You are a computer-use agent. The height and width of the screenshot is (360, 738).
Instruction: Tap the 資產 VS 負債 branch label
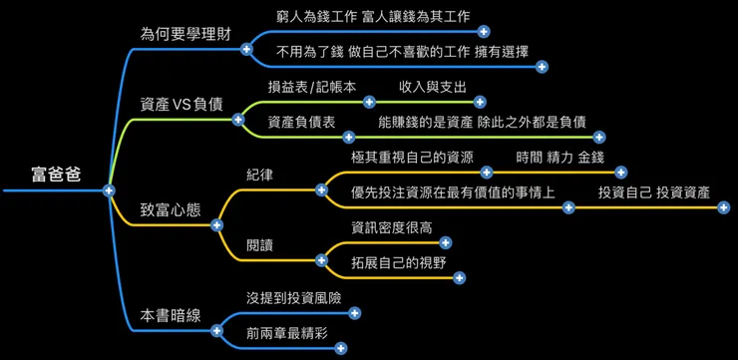click(181, 104)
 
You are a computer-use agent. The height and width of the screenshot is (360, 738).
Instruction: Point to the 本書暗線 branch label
click(171, 314)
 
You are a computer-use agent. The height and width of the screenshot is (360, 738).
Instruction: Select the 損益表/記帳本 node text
click(311, 86)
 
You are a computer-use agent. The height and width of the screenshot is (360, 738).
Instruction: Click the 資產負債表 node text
click(300, 121)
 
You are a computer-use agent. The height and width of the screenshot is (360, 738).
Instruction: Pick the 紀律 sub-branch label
click(260, 175)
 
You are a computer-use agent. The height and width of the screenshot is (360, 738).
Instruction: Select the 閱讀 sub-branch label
click(260, 244)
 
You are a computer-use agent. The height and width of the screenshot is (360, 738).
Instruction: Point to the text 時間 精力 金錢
click(559, 157)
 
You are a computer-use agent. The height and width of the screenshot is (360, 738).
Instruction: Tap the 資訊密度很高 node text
click(392, 227)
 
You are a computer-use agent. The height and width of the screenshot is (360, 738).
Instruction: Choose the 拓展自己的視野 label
click(398, 262)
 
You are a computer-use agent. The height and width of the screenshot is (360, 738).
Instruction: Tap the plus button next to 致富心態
click(217, 225)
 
